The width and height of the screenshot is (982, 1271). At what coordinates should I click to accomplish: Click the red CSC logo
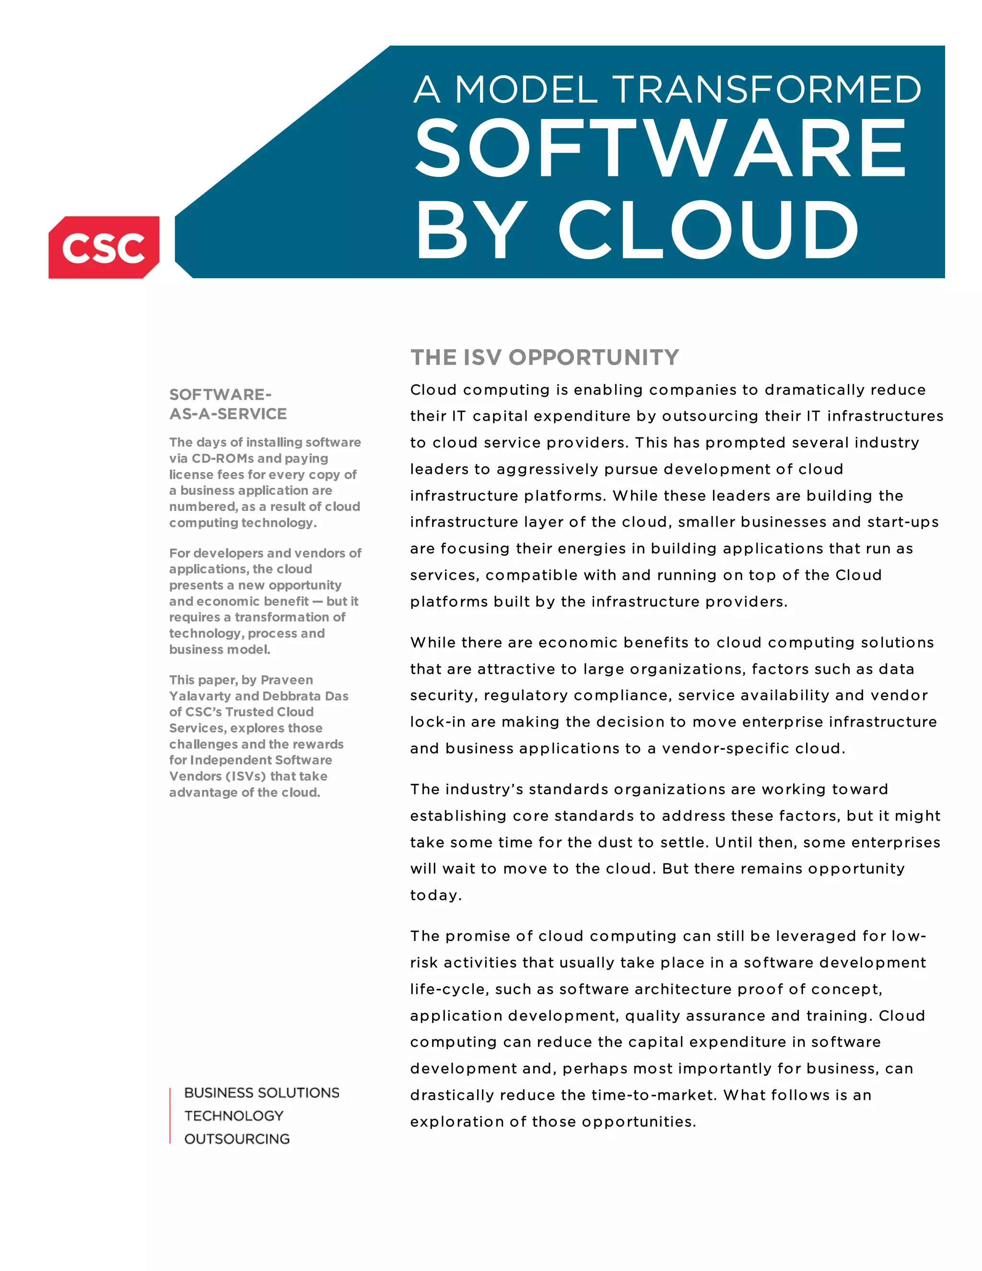coord(104,247)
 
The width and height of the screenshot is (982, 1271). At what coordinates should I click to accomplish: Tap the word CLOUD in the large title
coord(708,230)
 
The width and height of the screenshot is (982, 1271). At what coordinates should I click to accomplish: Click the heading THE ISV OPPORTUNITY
coord(545,357)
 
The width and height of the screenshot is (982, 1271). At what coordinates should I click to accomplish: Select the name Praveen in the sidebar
coord(287,680)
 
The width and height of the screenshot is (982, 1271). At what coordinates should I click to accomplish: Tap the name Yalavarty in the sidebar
coord(200,696)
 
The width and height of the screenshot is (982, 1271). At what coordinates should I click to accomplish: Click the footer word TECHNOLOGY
coord(234,1116)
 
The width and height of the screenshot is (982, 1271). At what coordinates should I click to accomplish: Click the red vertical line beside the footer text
coord(170,1115)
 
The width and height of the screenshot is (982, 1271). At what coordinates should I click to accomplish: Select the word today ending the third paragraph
coord(434,895)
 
